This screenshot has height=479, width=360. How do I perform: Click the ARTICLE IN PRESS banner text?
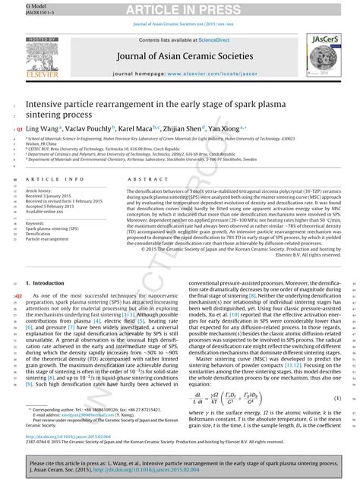click(179, 9)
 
